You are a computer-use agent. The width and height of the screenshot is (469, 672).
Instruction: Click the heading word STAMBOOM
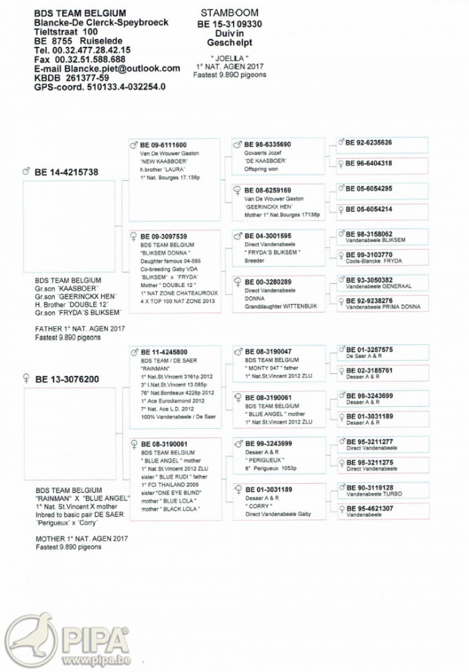pos(230,13)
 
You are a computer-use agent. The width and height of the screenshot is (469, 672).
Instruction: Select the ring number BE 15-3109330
pos(230,23)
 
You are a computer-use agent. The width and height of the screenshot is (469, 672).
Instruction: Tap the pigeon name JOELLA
pos(230,58)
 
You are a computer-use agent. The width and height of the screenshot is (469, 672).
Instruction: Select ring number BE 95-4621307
pos(369,509)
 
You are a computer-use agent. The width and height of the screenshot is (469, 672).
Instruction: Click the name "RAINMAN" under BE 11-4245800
pos(155,368)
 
